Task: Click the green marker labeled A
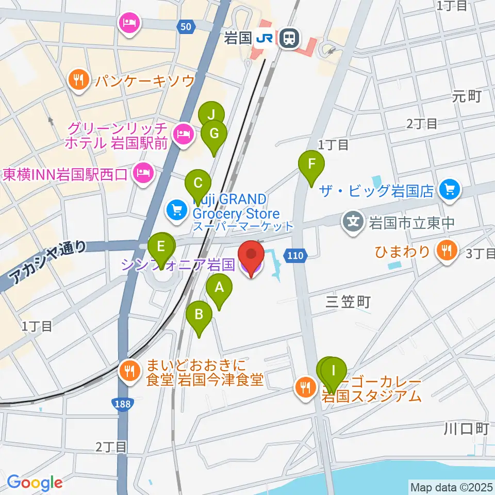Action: (x=219, y=287)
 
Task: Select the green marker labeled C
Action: (x=197, y=184)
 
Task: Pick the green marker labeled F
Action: (x=311, y=165)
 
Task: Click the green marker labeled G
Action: (x=214, y=135)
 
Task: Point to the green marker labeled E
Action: (x=161, y=247)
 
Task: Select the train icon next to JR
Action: (x=290, y=38)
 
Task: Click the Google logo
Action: (x=35, y=483)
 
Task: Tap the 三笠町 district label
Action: (x=349, y=302)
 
